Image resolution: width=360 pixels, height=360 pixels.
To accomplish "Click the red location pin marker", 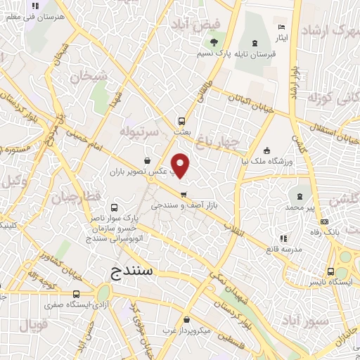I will click(x=181, y=166).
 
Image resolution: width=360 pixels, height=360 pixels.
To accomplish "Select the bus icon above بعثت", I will click(x=181, y=120).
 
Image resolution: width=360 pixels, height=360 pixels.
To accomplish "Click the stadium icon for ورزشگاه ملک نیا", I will click(x=266, y=150).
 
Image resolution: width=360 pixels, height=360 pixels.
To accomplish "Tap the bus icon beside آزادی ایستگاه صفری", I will click(x=75, y=294).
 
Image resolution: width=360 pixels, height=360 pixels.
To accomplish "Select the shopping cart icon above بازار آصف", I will click(x=184, y=195).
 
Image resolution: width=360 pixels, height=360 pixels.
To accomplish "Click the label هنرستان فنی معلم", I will click(x=39, y=15).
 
